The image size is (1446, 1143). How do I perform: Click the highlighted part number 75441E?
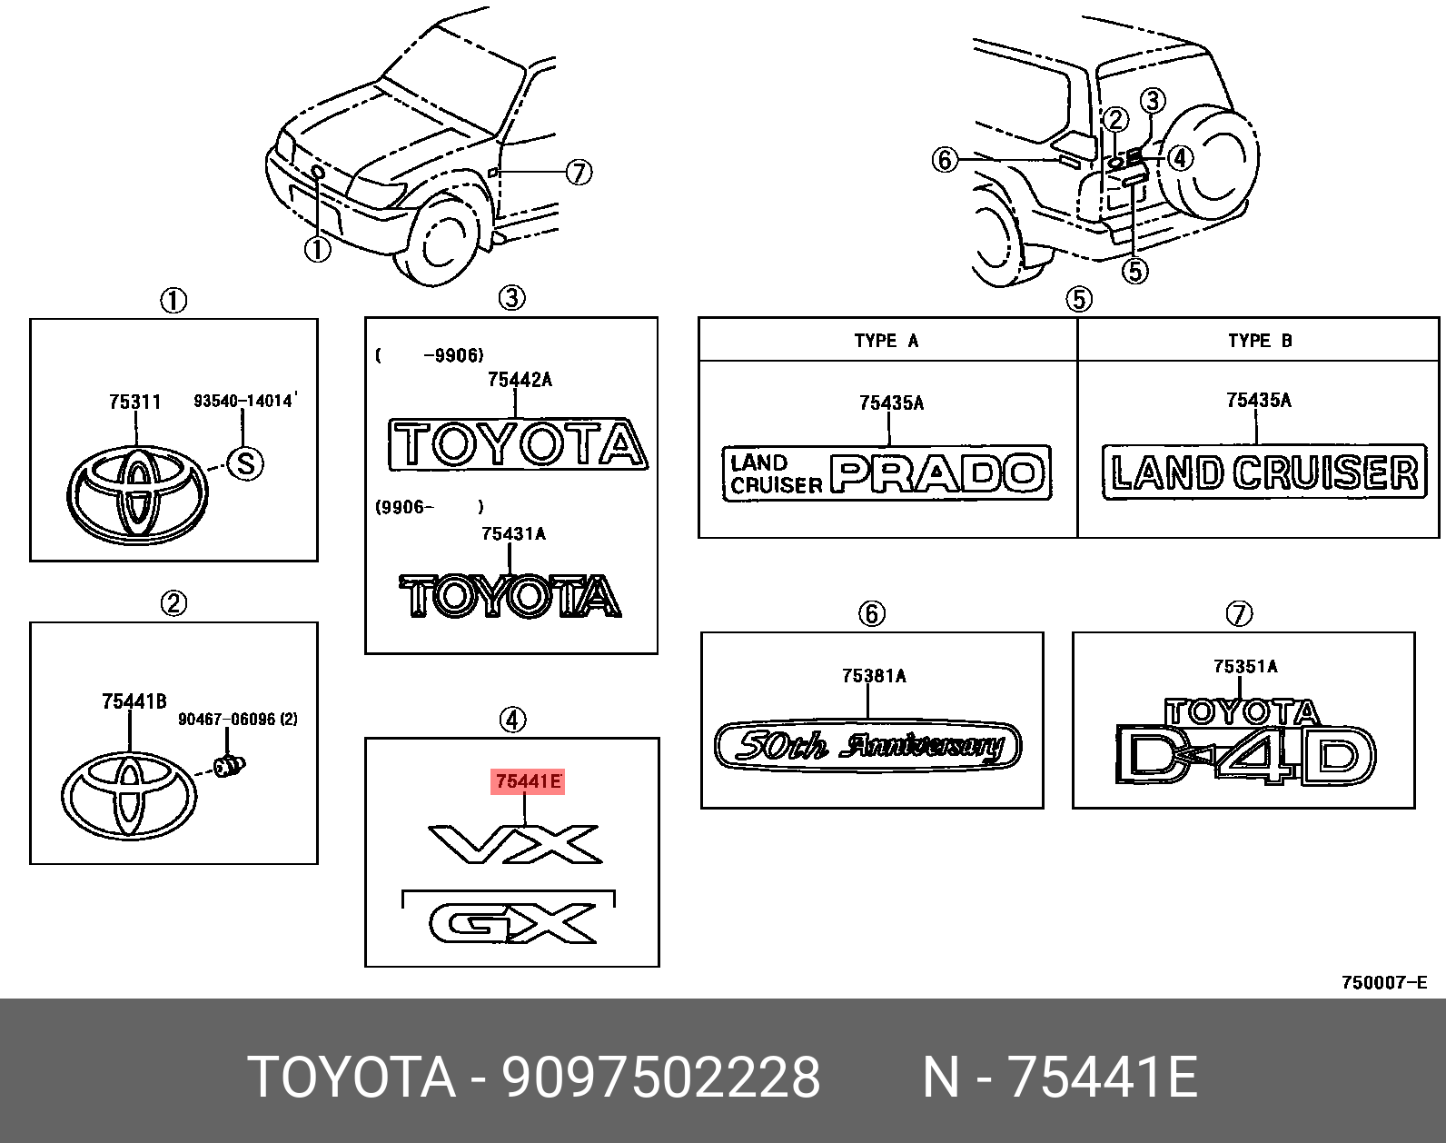528,781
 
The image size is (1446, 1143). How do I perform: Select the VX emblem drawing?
515,844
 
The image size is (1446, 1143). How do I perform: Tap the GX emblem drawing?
513,924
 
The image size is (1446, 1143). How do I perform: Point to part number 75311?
134,402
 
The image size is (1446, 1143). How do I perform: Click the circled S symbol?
244,463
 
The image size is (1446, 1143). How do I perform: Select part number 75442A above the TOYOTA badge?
520,380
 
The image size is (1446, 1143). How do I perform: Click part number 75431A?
513,533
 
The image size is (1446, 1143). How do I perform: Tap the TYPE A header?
886,341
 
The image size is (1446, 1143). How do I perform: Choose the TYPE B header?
1260,341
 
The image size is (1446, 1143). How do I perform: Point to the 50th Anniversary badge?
868,746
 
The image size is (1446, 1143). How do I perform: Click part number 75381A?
874,675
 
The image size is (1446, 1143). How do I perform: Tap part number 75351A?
1245,666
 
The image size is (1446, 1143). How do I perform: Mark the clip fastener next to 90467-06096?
229,765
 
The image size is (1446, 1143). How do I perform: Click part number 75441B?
134,701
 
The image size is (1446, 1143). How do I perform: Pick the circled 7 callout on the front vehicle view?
579,172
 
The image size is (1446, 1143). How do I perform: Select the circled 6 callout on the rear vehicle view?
946,161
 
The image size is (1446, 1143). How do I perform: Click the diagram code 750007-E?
1384,982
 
